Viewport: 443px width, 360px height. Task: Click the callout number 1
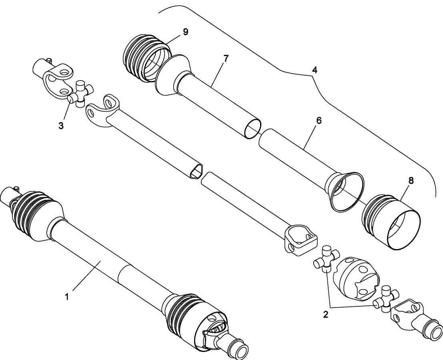pos(67,297)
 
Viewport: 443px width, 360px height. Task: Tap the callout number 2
pos(325,314)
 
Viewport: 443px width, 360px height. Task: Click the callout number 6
pos(318,121)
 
